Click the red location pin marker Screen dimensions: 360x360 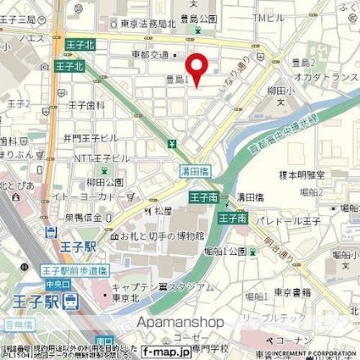(197, 69)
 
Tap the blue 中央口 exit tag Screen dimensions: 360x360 (56, 284)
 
